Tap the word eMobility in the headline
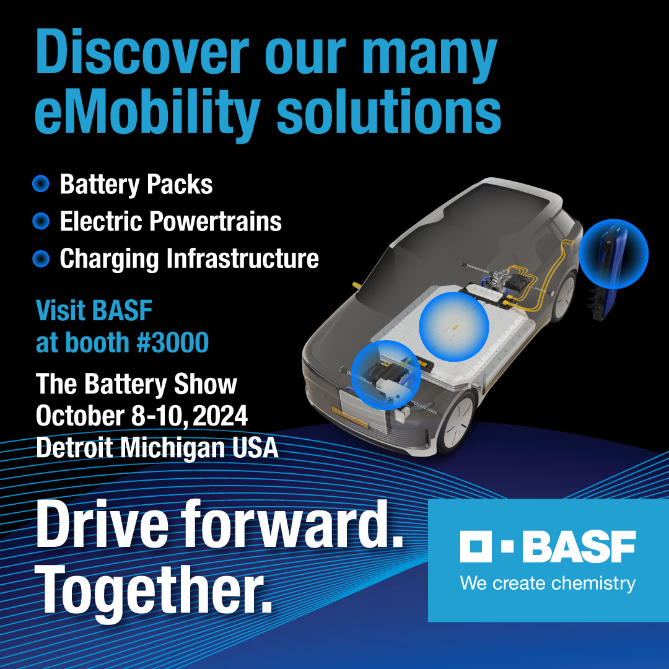coord(147,112)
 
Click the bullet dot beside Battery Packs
coord(41,184)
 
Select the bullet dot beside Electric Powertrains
coord(41,221)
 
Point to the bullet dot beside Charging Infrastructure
coord(41,258)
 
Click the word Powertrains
coord(216,221)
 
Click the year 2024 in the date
coord(220,416)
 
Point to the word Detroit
coord(75,448)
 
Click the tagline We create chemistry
coord(548,584)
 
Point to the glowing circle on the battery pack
coord(454,326)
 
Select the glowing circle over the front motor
coord(386,375)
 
